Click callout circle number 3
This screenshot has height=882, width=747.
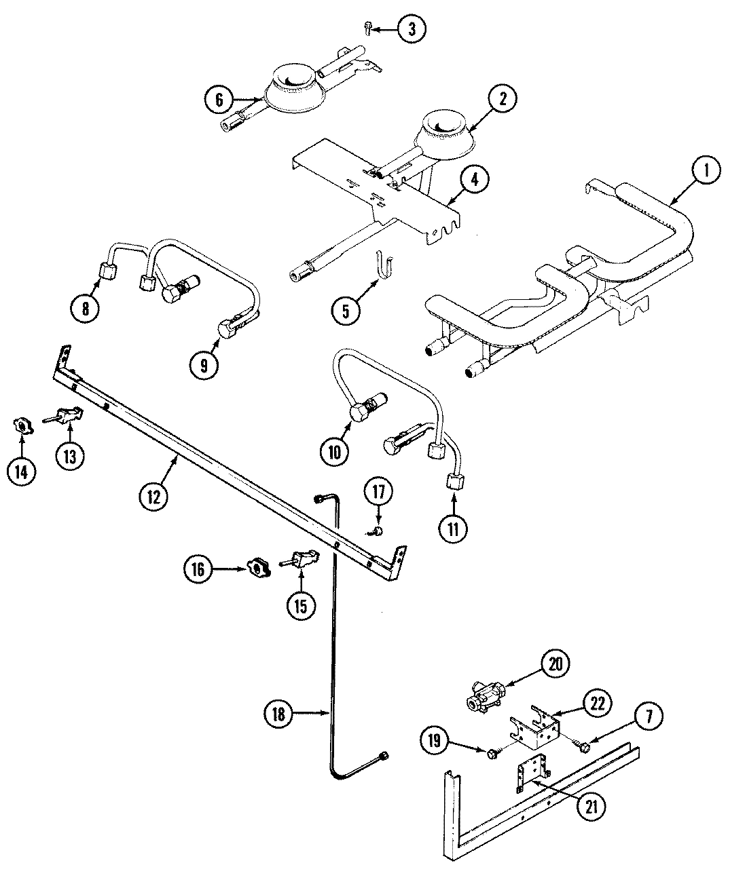coord(412,29)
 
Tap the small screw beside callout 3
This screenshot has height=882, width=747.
coord(367,28)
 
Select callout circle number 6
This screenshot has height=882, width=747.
coord(219,100)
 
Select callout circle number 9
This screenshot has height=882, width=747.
coord(203,364)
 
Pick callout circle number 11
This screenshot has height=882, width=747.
coord(453,528)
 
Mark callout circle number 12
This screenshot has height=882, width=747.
coord(153,496)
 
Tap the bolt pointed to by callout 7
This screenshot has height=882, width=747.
coord(583,746)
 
